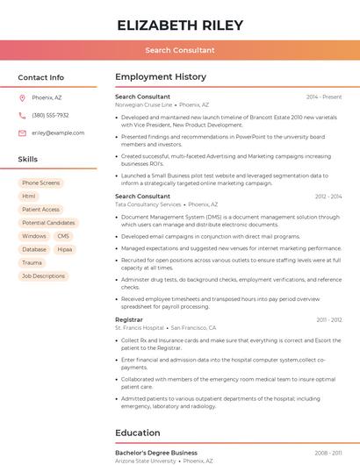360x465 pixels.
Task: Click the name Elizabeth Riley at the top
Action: pyautogui.click(x=180, y=25)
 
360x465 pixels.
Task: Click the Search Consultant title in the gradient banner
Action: pyautogui.click(x=180, y=50)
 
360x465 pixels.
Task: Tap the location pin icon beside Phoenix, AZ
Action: pyautogui.click(x=22, y=97)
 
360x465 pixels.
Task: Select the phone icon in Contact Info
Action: pyautogui.click(x=22, y=115)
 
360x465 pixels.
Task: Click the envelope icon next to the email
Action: pyautogui.click(x=22, y=133)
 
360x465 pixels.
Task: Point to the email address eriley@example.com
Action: pyautogui.click(x=58, y=133)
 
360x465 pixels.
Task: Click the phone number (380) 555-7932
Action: pyautogui.click(x=50, y=115)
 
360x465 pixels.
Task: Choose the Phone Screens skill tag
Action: pyautogui.click(x=41, y=182)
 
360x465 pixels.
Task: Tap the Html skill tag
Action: pyautogui.click(x=29, y=197)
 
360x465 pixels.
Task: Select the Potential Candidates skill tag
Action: pyautogui.click(x=48, y=223)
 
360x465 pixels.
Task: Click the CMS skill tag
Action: pyautogui.click(x=63, y=236)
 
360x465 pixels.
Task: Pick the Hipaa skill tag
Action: pyautogui.click(x=65, y=249)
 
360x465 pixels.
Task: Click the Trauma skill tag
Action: pyautogui.click(x=32, y=262)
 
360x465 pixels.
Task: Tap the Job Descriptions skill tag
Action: pyautogui.click(x=43, y=275)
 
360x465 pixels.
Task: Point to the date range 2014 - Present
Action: pyautogui.click(x=324, y=97)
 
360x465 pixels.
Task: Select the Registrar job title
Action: pyautogui.click(x=128, y=319)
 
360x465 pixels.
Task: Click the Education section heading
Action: pyautogui.click(x=138, y=433)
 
